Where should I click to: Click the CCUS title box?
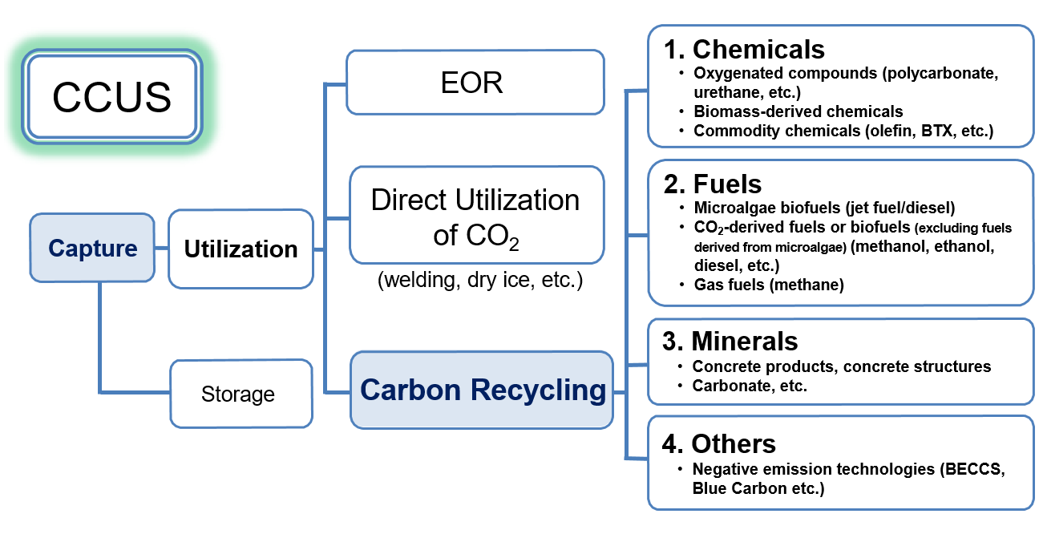click(111, 96)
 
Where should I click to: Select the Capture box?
click(92, 248)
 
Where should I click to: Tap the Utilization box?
click(241, 249)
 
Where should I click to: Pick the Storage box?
click(241, 394)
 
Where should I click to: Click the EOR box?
click(475, 82)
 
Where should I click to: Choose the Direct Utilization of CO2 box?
click(477, 215)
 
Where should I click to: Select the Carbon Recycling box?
click(482, 390)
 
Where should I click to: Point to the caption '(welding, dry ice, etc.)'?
click(480, 280)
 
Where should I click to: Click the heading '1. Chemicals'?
click(744, 49)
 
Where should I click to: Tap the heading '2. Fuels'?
click(713, 184)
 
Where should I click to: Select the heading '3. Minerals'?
click(730, 341)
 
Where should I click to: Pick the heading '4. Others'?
click(719, 443)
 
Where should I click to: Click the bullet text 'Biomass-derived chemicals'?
click(798, 111)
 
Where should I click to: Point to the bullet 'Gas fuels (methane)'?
click(769, 285)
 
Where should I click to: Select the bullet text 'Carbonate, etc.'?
click(750, 386)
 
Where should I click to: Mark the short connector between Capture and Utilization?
click(161, 249)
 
